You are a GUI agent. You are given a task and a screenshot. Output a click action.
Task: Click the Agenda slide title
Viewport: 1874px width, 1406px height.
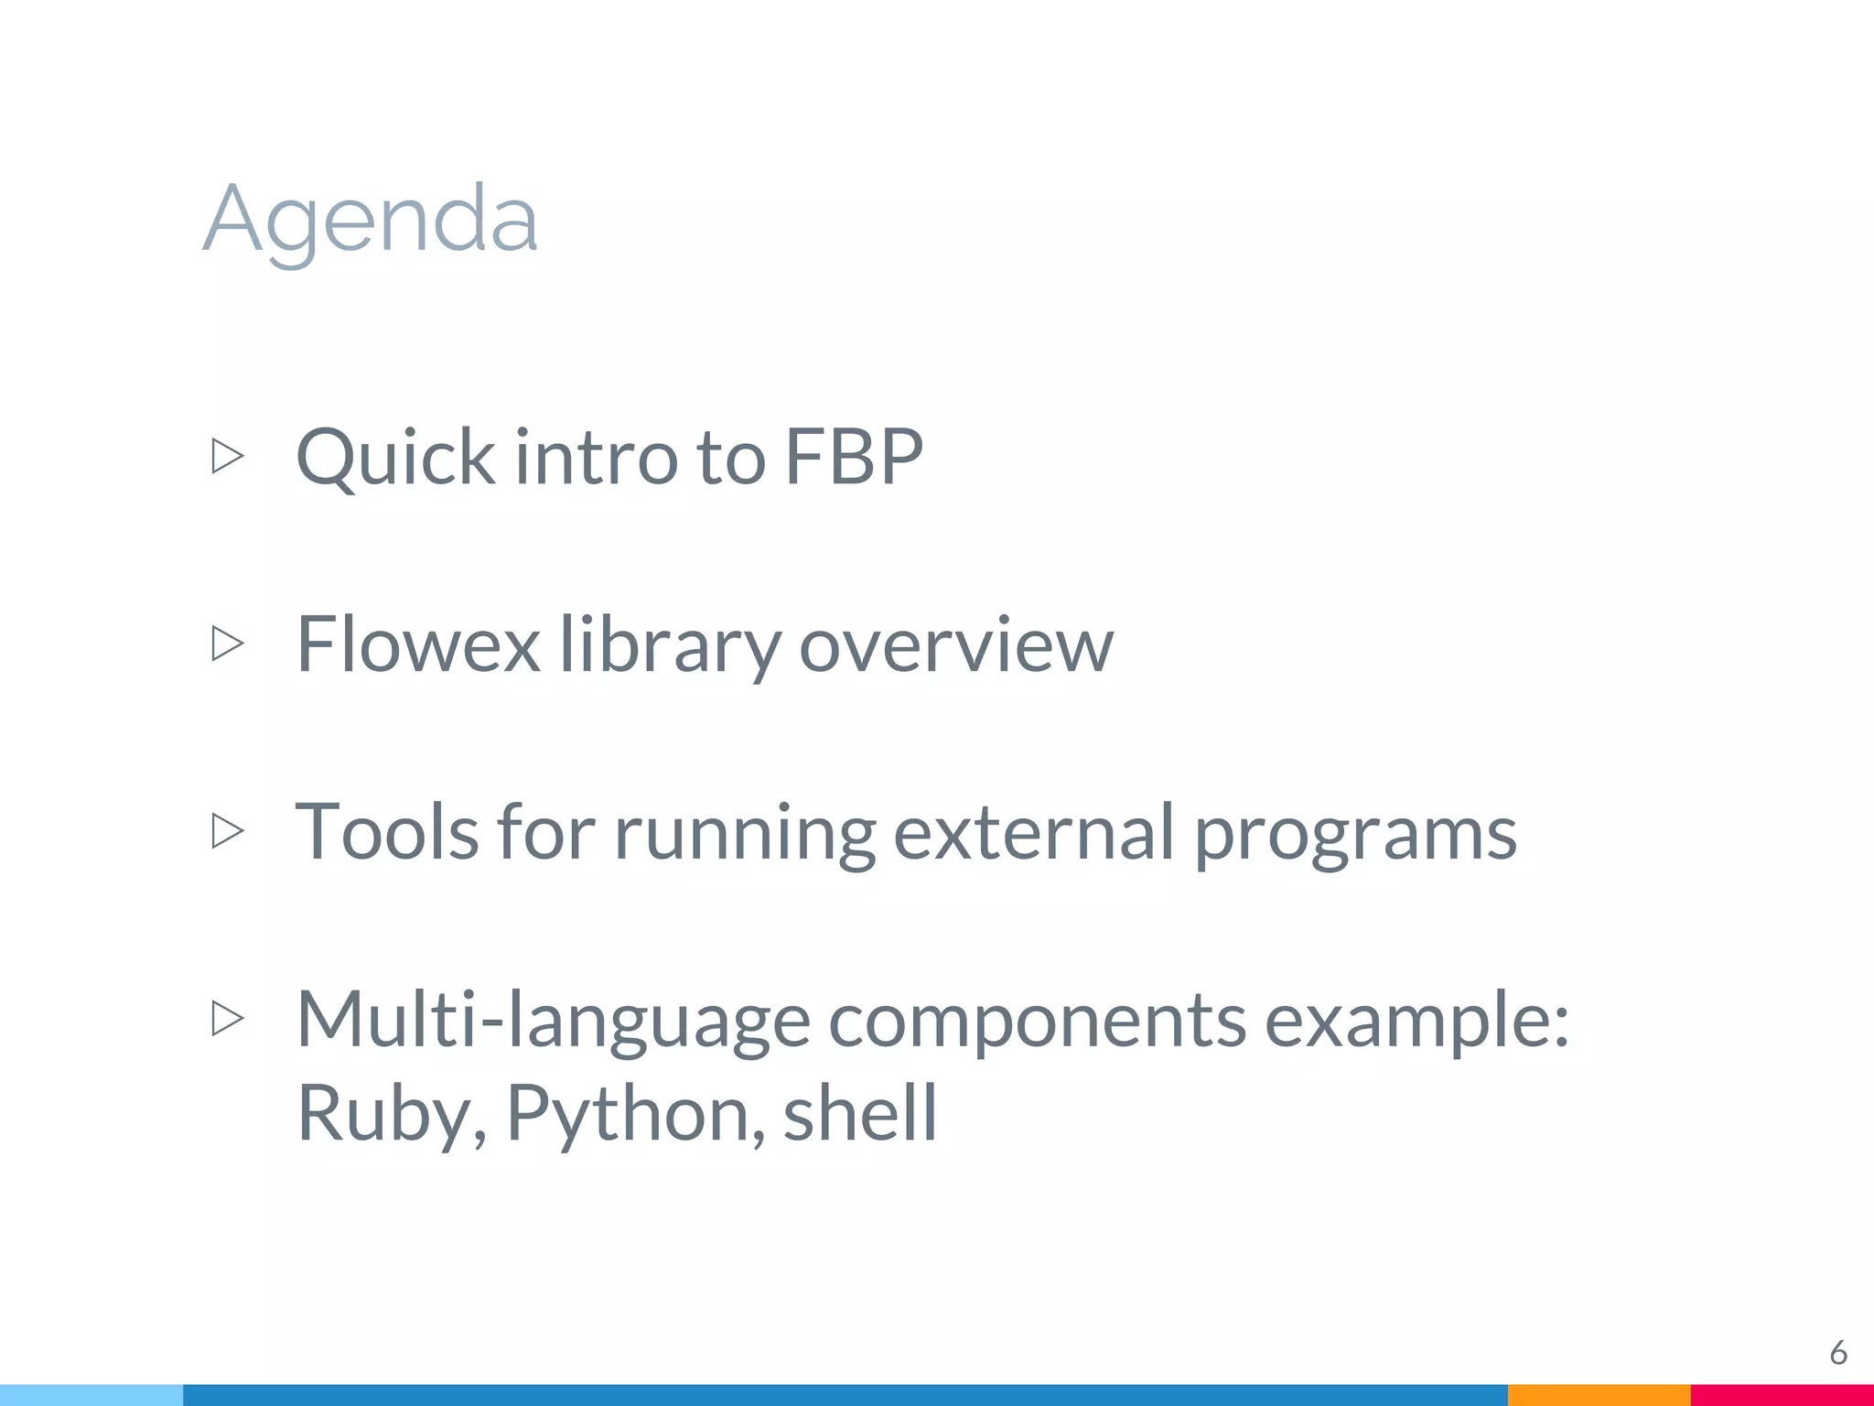click(x=371, y=220)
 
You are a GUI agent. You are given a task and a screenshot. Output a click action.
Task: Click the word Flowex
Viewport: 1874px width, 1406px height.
click(x=418, y=644)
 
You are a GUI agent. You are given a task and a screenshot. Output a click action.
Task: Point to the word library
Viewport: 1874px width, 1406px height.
click(x=669, y=644)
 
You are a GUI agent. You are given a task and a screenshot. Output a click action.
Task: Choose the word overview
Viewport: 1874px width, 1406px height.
click(x=956, y=644)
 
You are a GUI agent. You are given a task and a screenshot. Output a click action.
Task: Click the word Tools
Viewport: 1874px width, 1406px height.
click(x=387, y=831)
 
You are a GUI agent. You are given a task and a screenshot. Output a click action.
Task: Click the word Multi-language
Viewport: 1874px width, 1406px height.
click(x=554, y=1020)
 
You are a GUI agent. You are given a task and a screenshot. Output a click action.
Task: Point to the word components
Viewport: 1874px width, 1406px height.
click(x=1037, y=1020)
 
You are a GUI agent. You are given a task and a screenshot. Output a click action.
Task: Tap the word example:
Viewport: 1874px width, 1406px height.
click(x=1416, y=1020)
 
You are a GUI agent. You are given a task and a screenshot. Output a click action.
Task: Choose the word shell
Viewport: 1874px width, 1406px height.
click(x=860, y=1111)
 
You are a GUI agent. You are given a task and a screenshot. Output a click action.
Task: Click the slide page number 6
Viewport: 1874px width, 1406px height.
click(x=1837, y=1352)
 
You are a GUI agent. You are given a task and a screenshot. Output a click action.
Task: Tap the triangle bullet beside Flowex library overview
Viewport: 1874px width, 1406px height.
click(x=228, y=644)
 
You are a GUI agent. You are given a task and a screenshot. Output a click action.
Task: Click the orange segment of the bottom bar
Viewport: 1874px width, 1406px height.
click(x=1599, y=1395)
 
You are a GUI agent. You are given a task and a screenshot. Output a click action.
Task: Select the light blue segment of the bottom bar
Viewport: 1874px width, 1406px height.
click(x=92, y=1395)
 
